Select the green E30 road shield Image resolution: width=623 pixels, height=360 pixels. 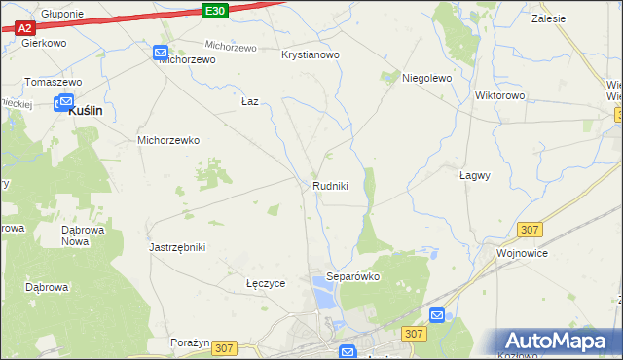coord(216,10)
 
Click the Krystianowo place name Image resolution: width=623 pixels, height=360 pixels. coord(310,55)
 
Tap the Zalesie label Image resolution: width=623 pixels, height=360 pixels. coord(550,18)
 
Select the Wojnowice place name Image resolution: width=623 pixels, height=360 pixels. coord(522,253)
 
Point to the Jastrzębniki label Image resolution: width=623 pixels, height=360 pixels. coord(177,247)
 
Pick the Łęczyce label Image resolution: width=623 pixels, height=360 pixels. coord(265,283)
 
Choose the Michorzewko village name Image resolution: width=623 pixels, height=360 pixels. coord(168,140)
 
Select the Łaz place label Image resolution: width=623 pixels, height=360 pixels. coord(250,101)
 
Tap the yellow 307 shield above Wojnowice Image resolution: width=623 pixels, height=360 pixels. coord(530,229)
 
